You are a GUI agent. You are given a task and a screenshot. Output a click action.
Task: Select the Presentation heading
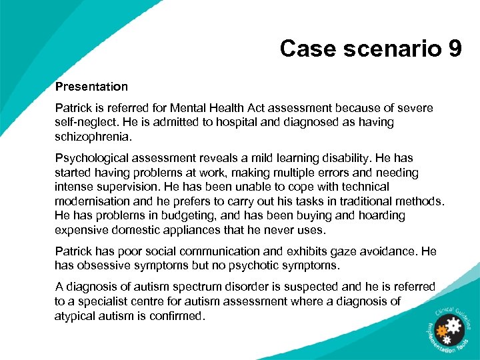(91, 87)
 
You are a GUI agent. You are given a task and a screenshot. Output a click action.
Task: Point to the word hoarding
(381, 216)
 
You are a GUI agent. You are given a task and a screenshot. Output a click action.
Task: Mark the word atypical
(76, 315)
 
